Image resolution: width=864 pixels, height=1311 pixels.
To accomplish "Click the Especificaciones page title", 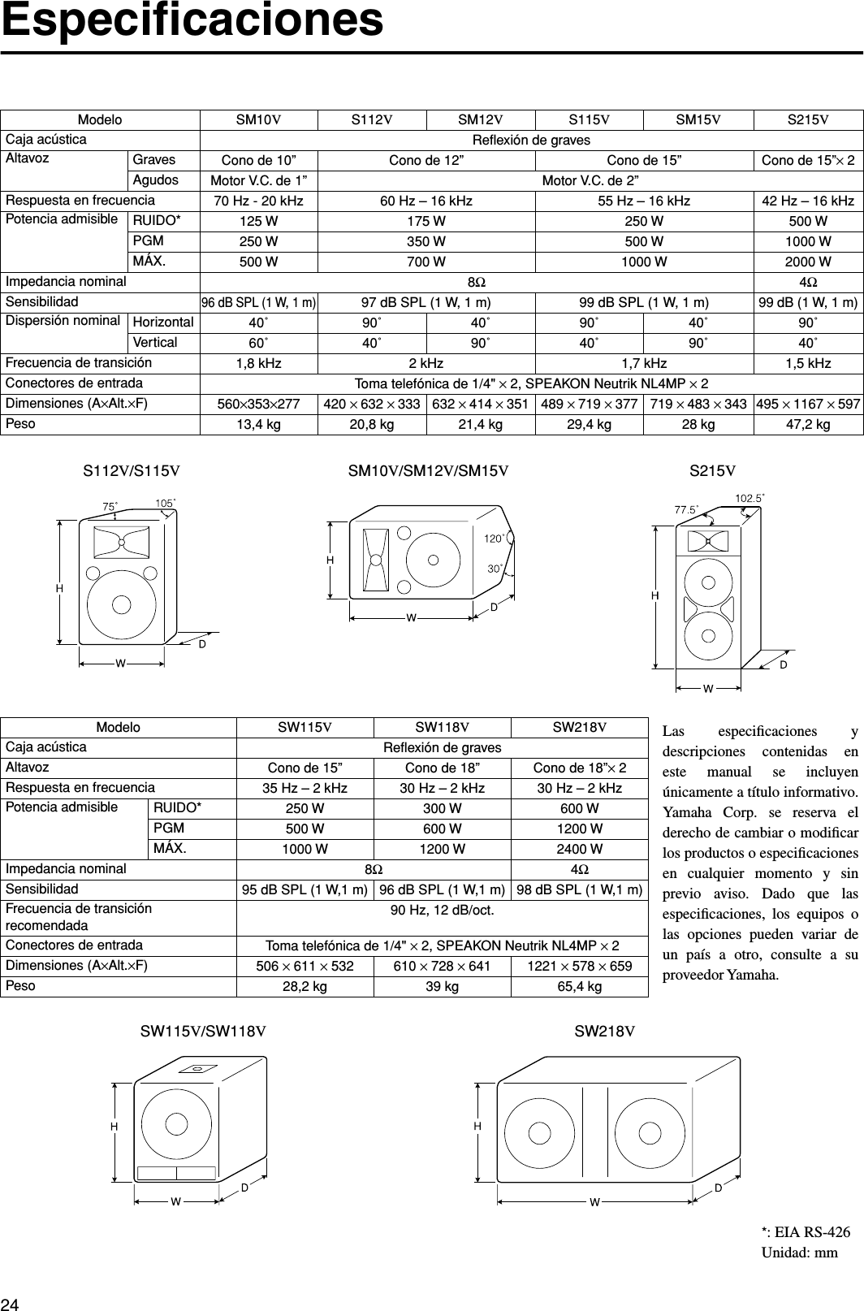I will point(192,22).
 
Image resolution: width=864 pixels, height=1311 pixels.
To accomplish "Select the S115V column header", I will point(589,120).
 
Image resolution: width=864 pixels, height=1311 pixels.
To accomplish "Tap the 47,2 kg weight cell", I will point(808,425).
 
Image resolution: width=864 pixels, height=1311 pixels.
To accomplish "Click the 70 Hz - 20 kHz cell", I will point(259,201).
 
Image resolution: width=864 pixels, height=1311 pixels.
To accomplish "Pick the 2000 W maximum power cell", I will point(808,262).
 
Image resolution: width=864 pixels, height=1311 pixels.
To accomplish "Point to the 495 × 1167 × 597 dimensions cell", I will point(808,404).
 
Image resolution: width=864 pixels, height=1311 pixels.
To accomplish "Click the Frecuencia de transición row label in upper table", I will point(79,362).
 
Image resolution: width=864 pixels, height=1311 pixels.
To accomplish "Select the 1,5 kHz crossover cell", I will point(808,363).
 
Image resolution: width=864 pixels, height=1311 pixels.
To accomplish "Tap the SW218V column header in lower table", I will point(579,727).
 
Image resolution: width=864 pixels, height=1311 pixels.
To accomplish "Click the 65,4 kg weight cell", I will point(579,986).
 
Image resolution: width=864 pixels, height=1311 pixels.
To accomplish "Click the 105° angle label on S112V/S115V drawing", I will point(166,504).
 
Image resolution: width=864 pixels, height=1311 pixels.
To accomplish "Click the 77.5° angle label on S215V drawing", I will point(687,509).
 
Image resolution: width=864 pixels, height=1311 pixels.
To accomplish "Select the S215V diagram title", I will point(712,469).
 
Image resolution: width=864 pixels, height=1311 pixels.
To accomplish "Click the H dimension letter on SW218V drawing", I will point(478,1127).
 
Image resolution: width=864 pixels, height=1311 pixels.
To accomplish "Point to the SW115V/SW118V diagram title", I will point(203,1032).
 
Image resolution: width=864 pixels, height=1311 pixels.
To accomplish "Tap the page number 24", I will point(11,1304).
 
